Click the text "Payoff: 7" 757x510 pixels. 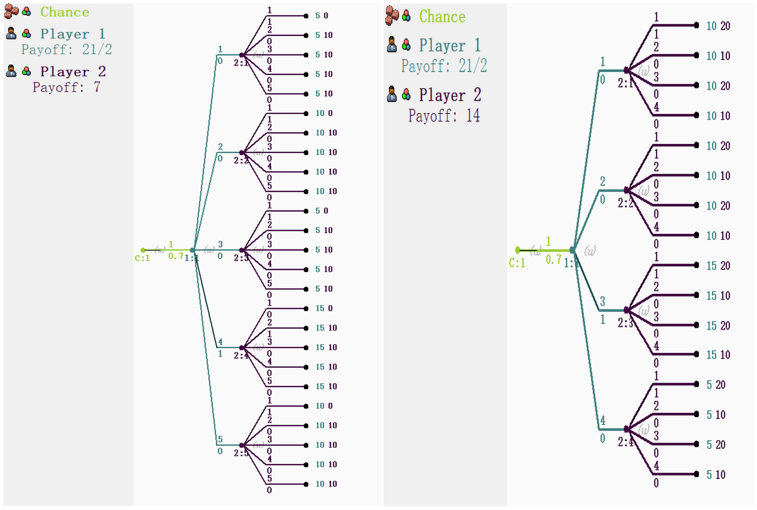click(66, 87)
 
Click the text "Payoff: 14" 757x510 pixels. click(444, 115)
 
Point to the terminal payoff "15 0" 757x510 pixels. click(324, 308)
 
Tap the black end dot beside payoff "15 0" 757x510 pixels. click(306, 308)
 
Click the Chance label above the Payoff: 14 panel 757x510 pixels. click(442, 16)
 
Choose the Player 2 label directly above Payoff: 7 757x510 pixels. click(73, 71)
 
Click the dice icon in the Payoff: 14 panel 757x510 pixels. click(392, 15)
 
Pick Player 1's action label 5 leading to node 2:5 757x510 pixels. click(220, 439)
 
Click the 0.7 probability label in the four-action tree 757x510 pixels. click(554, 260)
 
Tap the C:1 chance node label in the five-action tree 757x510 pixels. click(142, 258)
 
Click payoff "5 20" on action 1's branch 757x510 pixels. click(716, 385)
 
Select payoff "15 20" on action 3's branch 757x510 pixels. click(718, 326)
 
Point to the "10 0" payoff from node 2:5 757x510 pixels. click(324, 406)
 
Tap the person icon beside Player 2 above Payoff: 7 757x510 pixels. click(11, 71)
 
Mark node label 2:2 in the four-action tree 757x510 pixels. click(625, 203)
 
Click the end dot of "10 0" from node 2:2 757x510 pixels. click(306, 113)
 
